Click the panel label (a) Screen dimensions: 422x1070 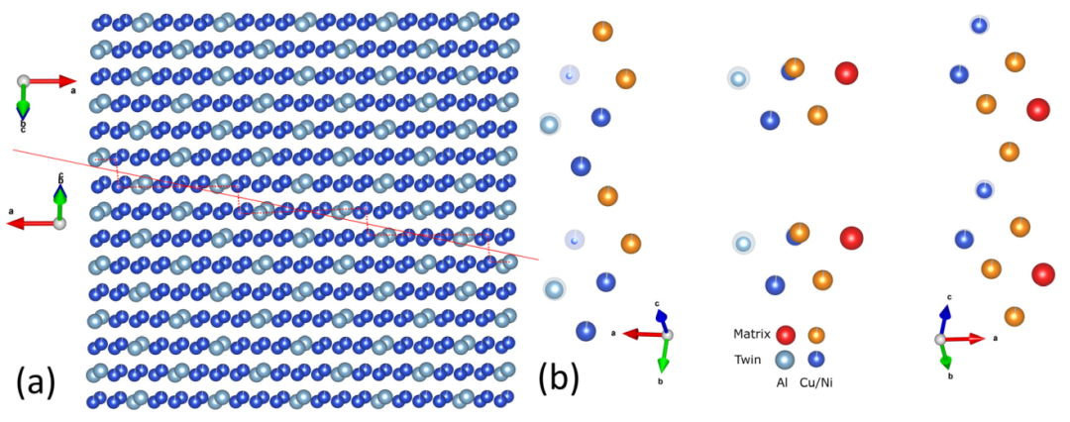(36, 380)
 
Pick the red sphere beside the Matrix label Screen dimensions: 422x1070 (786, 336)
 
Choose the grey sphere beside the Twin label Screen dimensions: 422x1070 (785, 361)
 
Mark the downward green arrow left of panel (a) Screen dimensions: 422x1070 (24, 99)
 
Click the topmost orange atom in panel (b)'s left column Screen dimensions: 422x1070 (601, 31)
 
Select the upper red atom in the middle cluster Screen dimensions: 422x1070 (846, 72)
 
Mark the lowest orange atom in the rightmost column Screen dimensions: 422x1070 (1014, 316)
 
